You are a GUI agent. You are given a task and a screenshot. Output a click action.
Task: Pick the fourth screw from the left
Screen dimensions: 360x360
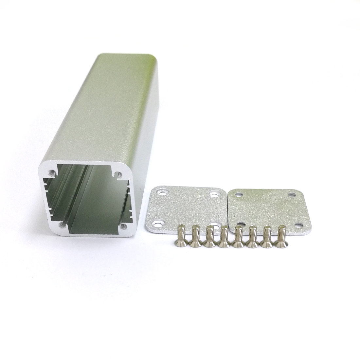pos(224,236)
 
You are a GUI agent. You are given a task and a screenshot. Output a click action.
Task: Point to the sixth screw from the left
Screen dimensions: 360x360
pos(252,236)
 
